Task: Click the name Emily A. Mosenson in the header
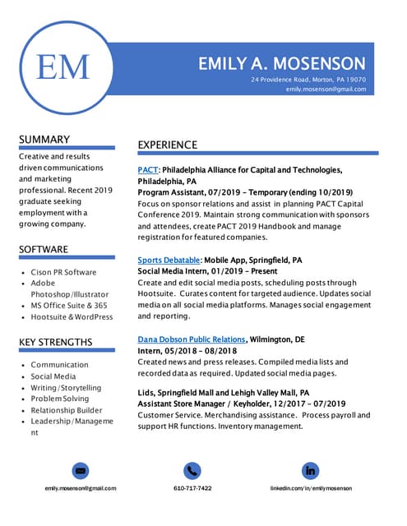282,63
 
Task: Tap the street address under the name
308,79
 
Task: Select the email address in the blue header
326,89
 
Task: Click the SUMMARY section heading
44,140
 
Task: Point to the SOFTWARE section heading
44,249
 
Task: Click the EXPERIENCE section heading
167,145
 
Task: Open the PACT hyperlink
147,170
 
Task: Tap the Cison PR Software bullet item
63,272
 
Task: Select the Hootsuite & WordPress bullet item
72,316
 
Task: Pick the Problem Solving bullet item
60,399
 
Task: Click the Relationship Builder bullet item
67,410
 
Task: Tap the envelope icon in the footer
81,471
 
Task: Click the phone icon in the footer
192,471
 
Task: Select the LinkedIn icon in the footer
310,471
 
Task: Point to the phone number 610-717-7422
192,488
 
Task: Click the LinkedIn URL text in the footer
311,488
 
